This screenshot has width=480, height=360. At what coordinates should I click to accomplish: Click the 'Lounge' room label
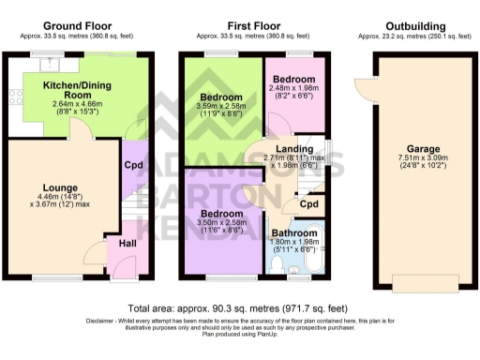(x=59, y=187)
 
